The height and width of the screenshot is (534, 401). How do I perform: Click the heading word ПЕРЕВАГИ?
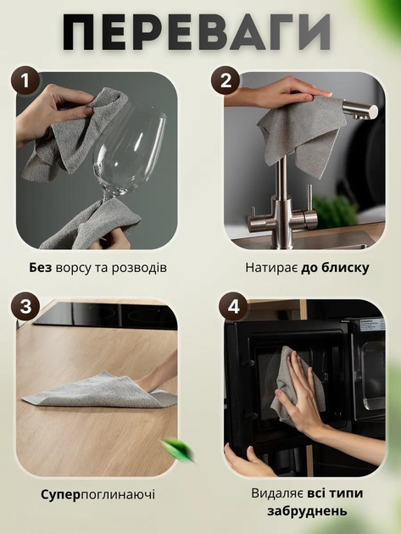coord(197,32)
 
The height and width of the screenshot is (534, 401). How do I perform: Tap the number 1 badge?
coord(26,81)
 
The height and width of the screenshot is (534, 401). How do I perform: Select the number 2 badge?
coord(226,81)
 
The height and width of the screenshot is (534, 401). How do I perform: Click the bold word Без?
coord(40,268)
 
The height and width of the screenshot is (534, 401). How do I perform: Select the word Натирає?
coord(271,268)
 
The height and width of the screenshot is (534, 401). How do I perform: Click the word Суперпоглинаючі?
coord(97,494)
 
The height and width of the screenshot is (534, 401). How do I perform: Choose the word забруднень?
coord(307,511)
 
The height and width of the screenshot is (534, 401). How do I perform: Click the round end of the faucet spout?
coord(373,111)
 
